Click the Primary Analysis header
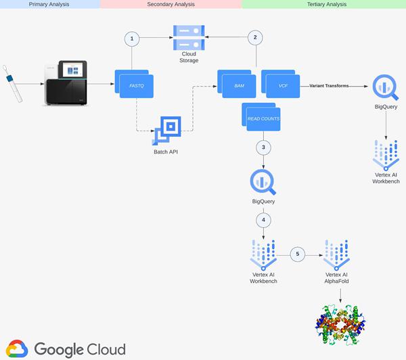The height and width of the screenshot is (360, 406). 50,4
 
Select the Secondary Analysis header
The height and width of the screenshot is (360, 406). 171,4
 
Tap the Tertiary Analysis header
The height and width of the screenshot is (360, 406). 323,4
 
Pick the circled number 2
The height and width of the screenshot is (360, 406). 255,39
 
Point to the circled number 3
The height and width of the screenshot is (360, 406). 263,147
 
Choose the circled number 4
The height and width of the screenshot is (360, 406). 263,220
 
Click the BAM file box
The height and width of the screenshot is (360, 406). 239,85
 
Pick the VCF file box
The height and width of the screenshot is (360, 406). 283,85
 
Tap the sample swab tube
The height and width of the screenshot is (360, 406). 14,85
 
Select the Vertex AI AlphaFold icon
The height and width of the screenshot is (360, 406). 339,254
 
